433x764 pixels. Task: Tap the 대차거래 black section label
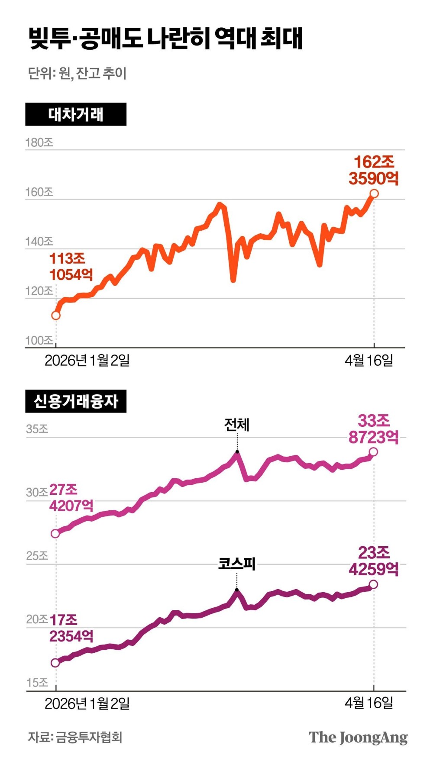76,114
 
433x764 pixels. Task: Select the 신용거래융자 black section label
76,401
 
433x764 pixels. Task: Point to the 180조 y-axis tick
39,142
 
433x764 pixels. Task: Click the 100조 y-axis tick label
39,340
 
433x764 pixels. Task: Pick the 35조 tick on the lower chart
37,429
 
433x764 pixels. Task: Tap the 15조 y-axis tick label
37,683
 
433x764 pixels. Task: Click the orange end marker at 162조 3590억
374,193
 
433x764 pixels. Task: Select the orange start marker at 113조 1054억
56,316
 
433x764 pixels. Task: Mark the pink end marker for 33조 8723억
373,452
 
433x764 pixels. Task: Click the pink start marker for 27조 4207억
55,534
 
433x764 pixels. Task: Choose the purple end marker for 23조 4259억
373,584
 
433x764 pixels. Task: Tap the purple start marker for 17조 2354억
55,663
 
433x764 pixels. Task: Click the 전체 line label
237,425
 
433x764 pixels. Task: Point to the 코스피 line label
237,564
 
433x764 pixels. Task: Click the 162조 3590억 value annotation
374,170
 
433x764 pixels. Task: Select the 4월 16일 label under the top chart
369,360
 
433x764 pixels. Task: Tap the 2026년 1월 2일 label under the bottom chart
87,703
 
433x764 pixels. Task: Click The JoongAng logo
358,737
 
